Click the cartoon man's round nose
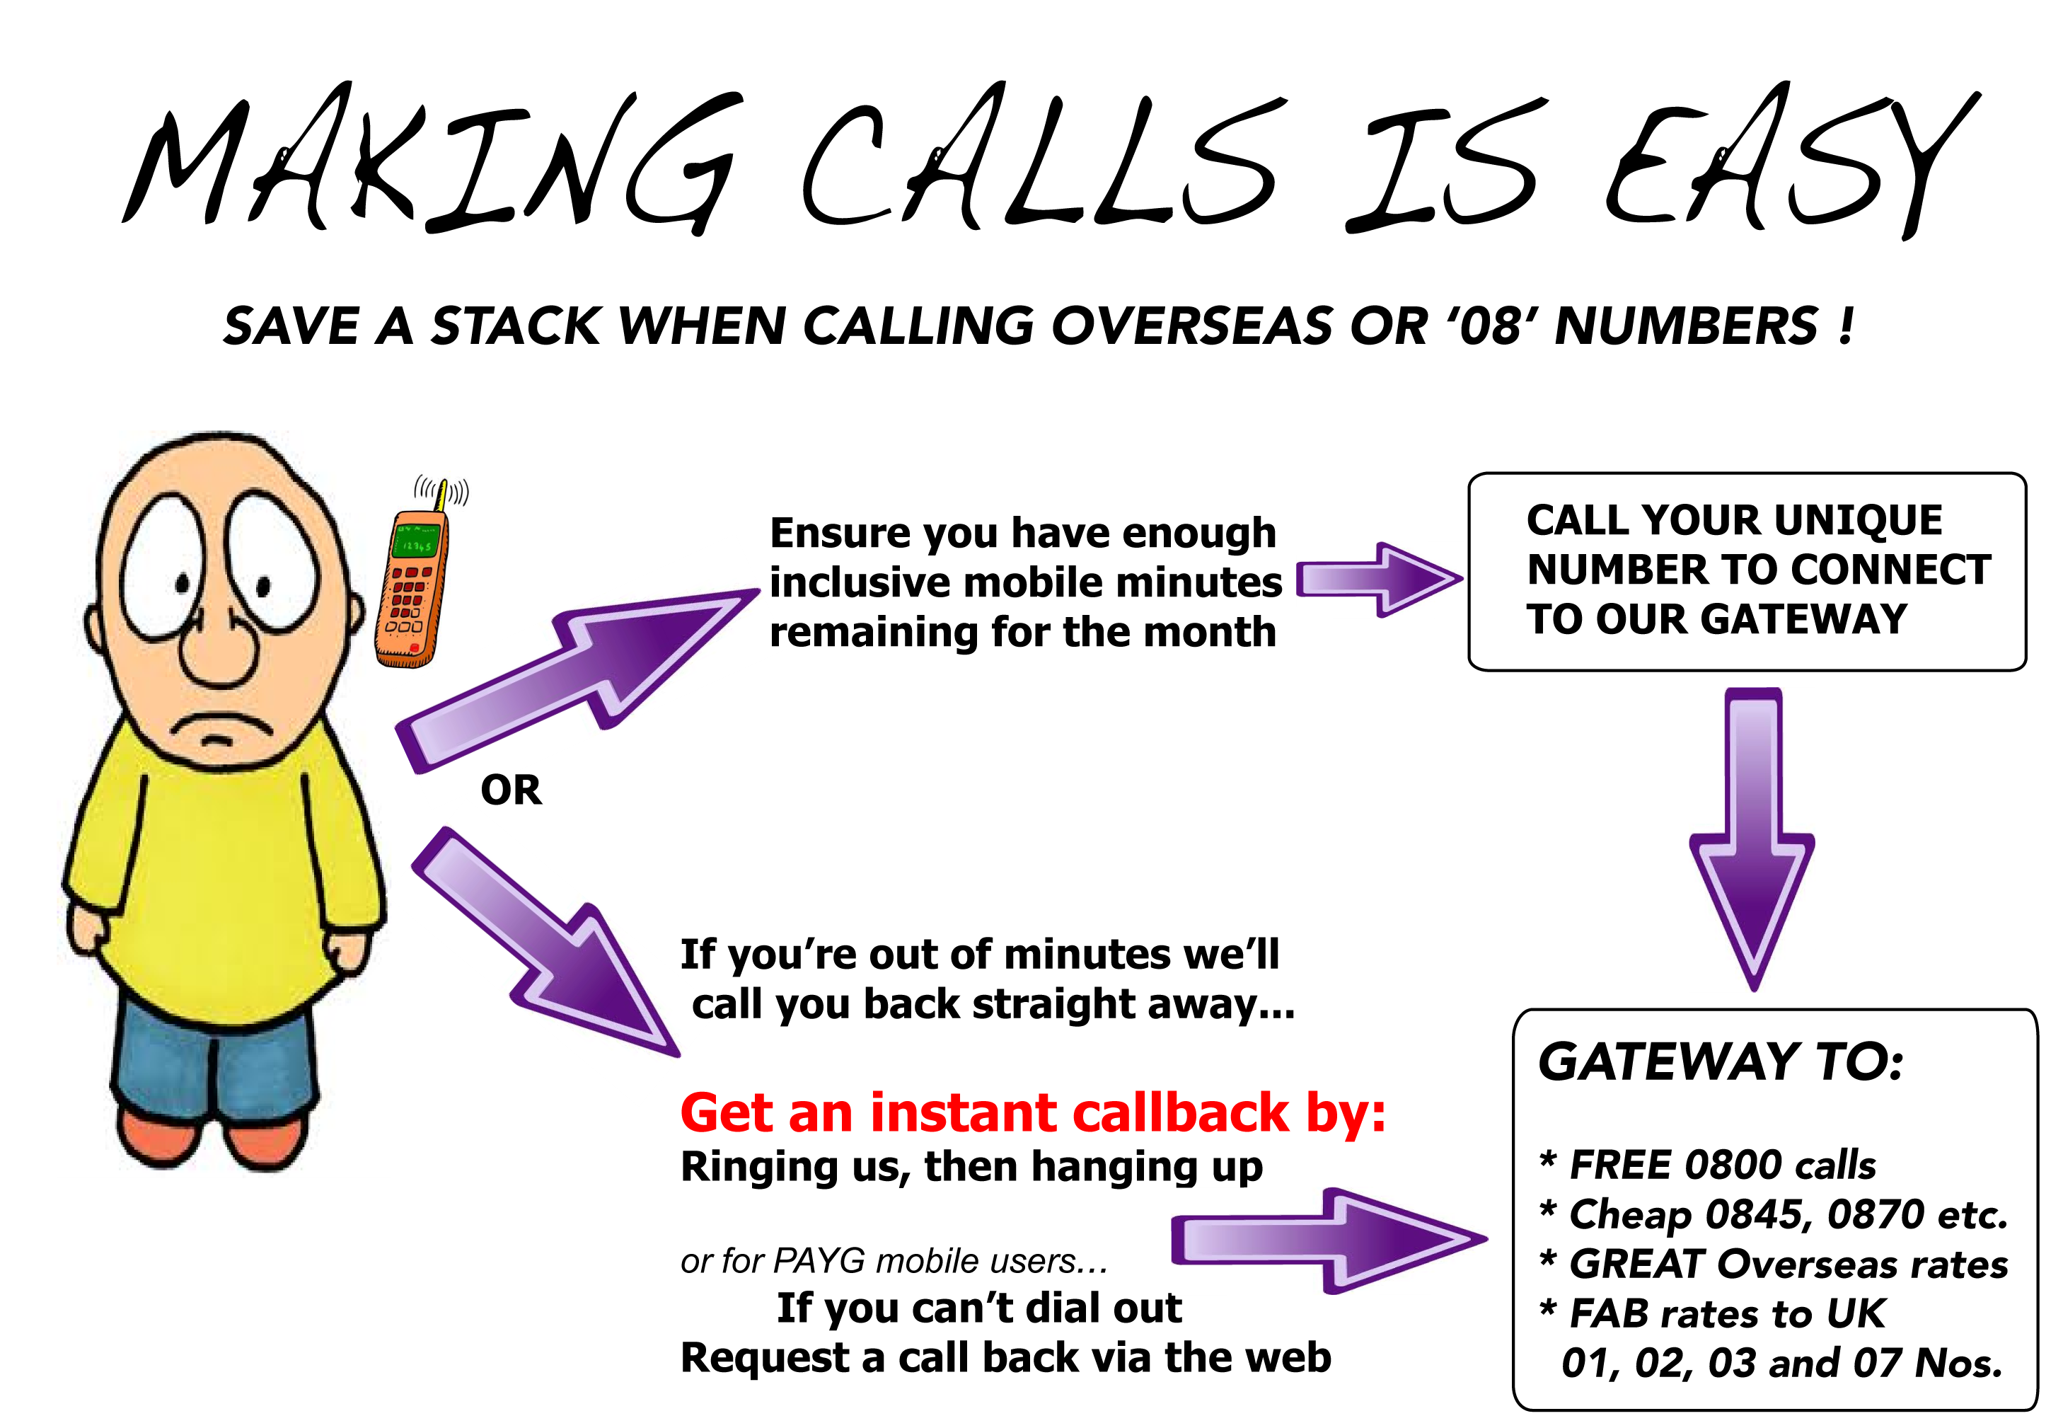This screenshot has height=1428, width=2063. tap(219, 647)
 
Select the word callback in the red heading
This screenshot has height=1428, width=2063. tap(1180, 1115)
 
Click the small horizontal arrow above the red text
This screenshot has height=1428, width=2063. tap(1380, 580)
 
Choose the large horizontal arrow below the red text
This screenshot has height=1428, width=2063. tap(1329, 1240)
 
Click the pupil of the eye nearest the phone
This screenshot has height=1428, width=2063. tap(263, 587)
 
